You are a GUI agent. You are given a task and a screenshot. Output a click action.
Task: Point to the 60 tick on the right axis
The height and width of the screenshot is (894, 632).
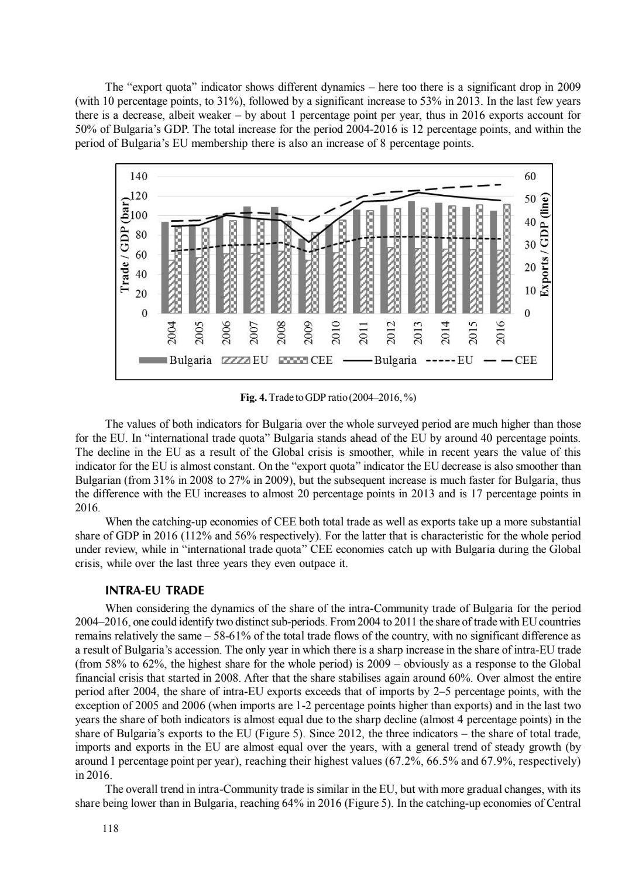[x=530, y=177]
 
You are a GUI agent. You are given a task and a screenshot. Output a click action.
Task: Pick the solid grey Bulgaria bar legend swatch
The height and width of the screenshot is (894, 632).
[x=153, y=360]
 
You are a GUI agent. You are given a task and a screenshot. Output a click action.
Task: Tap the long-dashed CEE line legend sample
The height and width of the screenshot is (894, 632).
[x=497, y=360]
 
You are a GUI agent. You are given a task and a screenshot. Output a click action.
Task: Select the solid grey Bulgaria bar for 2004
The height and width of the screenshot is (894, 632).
[x=164, y=267]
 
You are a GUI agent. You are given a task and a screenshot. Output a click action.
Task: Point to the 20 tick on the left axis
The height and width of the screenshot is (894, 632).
[x=142, y=294]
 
